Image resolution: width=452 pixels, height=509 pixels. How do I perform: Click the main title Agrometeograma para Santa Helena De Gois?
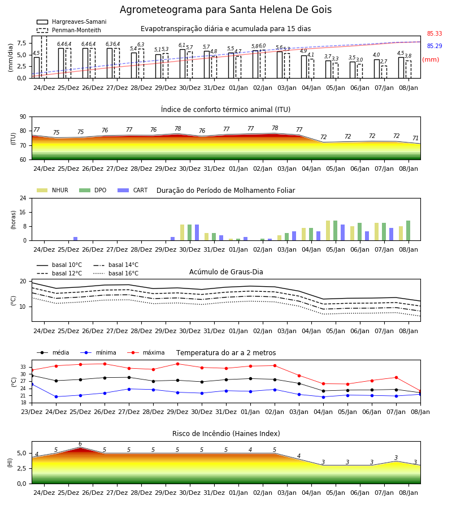(x=225, y=10)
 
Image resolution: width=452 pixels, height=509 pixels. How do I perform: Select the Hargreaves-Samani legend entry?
(x=71, y=21)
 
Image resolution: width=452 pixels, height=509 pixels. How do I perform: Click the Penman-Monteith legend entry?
(x=69, y=30)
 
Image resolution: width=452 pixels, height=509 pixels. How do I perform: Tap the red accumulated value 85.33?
(x=434, y=33)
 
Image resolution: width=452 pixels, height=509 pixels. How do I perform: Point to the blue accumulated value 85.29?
(x=434, y=46)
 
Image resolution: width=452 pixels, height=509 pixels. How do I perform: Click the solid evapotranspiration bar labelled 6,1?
(x=182, y=63)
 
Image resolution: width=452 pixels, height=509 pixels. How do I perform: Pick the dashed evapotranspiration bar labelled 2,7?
(x=384, y=72)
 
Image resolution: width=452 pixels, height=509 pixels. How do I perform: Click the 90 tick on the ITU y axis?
(x=23, y=117)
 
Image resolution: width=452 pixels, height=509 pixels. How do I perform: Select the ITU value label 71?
(x=415, y=139)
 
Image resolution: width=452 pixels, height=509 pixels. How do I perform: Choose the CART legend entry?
(x=133, y=190)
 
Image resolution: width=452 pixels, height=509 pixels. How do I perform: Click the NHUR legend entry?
(x=53, y=190)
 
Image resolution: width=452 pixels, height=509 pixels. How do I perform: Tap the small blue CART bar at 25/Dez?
(x=76, y=239)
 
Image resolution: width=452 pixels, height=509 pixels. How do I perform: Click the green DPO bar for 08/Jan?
(x=408, y=231)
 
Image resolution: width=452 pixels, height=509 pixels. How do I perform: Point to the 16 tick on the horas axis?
(x=23, y=212)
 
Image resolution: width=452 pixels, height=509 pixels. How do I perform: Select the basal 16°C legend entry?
(x=116, y=273)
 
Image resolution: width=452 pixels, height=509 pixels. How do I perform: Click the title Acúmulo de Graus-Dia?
(x=226, y=272)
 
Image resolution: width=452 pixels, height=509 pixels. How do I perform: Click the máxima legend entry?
(x=146, y=352)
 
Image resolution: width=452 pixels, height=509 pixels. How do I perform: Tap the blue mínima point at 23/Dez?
(x=32, y=385)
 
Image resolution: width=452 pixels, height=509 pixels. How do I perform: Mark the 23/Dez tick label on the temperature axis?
(x=32, y=412)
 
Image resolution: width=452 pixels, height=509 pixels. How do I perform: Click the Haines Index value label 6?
(x=80, y=444)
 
